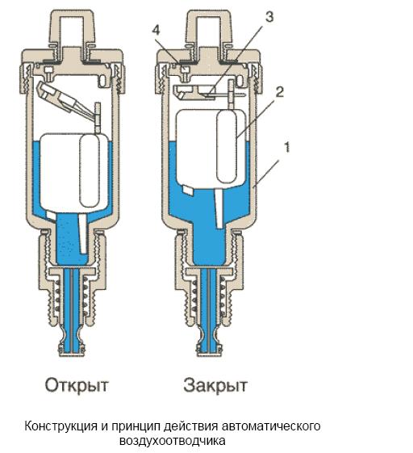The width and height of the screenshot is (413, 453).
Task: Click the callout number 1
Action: click(287, 147)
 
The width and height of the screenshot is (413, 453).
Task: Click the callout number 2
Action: click(279, 92)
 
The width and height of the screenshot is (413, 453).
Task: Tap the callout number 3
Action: click(269, 17)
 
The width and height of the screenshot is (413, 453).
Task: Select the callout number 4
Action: click(156, 30)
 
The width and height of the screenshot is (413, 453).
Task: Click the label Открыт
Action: click(77, 385)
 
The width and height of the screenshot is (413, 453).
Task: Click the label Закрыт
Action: click(215, 385)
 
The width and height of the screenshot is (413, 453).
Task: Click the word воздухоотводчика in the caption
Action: click(173, 441)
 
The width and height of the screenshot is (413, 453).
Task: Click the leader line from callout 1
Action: click(265, 173)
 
